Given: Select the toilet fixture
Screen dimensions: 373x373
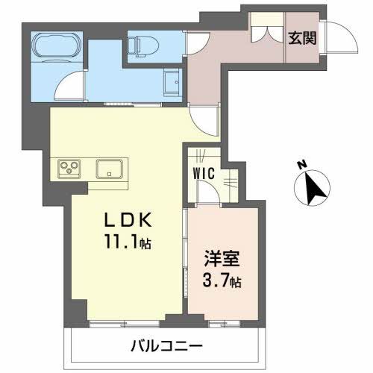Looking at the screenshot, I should tap(143, 45).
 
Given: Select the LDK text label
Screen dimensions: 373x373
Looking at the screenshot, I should tap(128, 220).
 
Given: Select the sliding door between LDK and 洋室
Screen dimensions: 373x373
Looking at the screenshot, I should tap(185, 254).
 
